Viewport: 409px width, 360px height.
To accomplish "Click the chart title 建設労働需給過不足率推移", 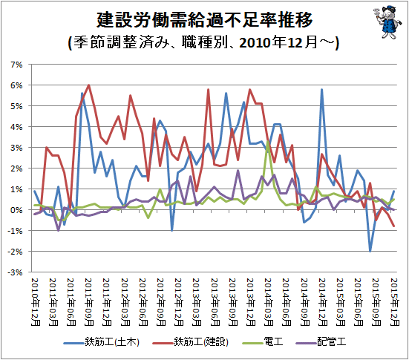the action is (205, 20).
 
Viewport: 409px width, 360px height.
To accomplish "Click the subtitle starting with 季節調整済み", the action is (203, 42).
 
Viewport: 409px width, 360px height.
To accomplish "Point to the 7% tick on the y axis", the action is (16, 65).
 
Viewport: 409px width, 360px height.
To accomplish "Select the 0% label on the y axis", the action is (16, 210).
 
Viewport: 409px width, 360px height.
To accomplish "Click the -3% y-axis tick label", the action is (15, 272).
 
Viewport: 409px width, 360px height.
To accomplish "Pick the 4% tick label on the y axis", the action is (16, 127).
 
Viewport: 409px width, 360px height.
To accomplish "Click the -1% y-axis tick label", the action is (15, 231).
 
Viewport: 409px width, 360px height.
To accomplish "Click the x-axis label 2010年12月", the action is (36, 302).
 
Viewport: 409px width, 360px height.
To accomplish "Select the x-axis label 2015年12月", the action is (395, 302).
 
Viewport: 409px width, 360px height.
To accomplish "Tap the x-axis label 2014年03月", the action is (269, 302).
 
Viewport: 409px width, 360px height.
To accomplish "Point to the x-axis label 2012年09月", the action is (161, 302).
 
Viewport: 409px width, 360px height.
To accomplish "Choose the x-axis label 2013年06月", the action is (215, 302).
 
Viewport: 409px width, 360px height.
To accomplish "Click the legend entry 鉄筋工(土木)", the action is (101, 342).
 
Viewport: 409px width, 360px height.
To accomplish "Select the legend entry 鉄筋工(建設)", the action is (191, 342).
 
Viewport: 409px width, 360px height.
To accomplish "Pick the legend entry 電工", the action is (263, 342).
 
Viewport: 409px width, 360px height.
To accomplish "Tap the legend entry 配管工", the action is (321, 342).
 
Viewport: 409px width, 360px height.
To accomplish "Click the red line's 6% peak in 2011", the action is (89, 85).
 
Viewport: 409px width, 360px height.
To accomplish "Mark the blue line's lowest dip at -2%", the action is (370, 251).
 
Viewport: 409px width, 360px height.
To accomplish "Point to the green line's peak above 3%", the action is (268, 142).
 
